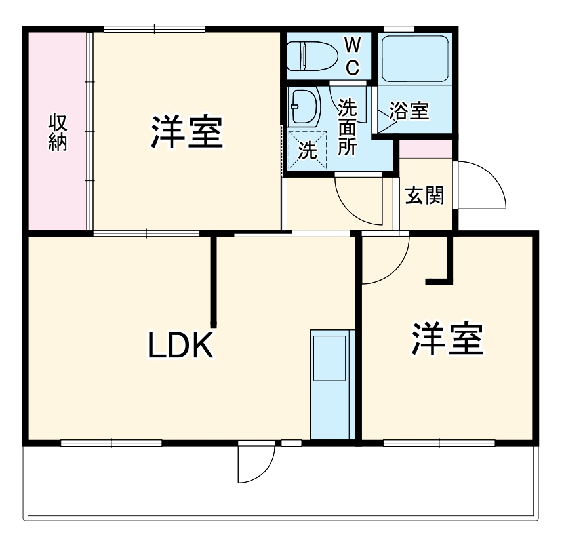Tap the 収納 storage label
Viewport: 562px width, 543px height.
point(58,132)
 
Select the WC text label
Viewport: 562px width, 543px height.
point(352,56)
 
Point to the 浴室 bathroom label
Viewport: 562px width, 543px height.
point(409,111)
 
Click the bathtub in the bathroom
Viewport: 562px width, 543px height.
point(414,58)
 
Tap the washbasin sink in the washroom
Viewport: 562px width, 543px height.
point(304,106)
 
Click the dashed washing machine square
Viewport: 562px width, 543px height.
point(308,150)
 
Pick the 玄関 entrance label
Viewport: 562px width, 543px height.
point(424,195)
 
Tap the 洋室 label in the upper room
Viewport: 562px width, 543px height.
point(187,132)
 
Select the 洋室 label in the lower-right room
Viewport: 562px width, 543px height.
point(447,339)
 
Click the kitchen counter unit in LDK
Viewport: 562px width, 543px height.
point(331,384)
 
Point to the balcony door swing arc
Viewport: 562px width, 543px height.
point(256,464)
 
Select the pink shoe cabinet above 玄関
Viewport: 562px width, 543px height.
point(426,149)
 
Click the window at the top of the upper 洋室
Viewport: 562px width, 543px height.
point(154,29)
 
